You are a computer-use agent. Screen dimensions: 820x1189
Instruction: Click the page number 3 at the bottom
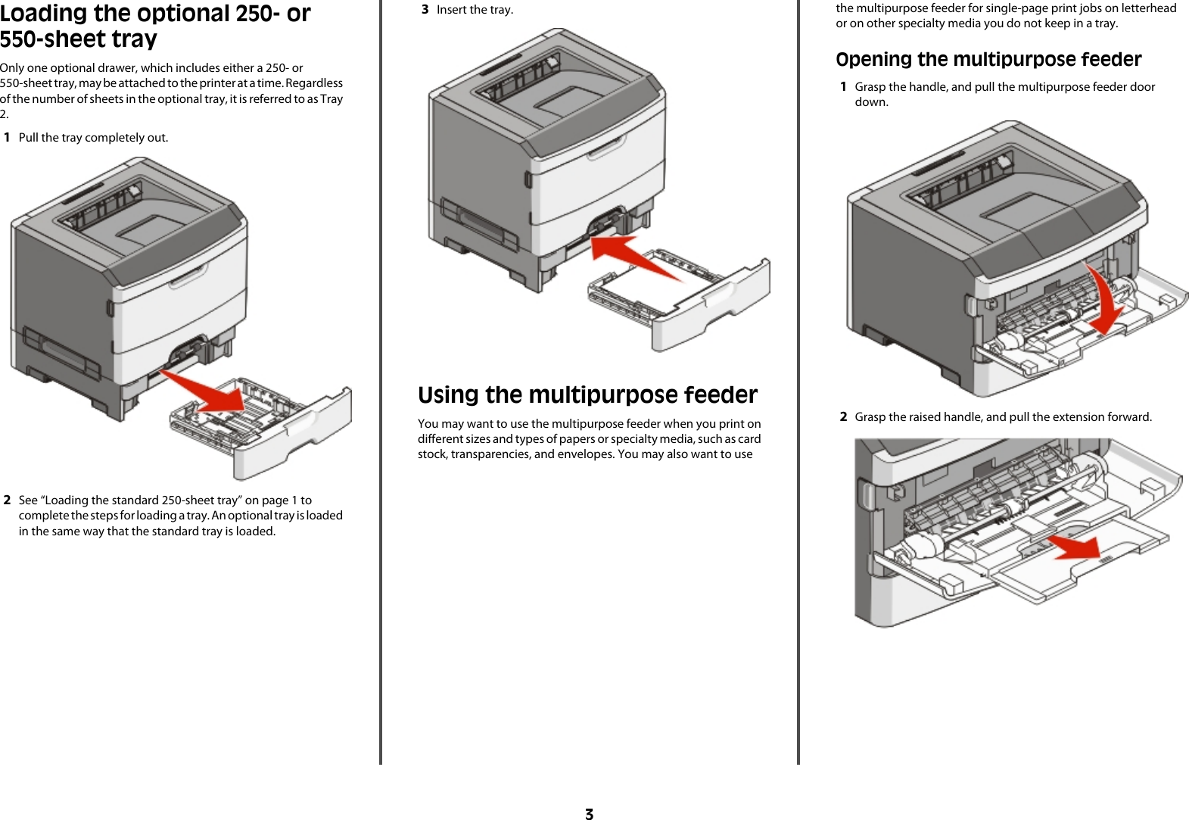589,814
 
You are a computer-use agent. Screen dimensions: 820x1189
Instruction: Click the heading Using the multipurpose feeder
587,395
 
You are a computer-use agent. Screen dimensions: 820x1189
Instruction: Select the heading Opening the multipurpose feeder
988,60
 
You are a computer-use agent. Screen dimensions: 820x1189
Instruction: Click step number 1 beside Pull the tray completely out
8,138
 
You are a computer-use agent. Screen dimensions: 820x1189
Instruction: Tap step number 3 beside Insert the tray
425,10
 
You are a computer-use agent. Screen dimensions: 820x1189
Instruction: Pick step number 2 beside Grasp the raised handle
843,417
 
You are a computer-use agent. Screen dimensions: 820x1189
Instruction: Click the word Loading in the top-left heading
44,14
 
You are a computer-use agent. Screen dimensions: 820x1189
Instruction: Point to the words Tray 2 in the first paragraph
331,99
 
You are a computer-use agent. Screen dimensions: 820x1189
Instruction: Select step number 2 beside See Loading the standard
8,500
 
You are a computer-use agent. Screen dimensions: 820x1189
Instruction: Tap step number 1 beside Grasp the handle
843,87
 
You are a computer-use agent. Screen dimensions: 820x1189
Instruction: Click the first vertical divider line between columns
381,379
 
